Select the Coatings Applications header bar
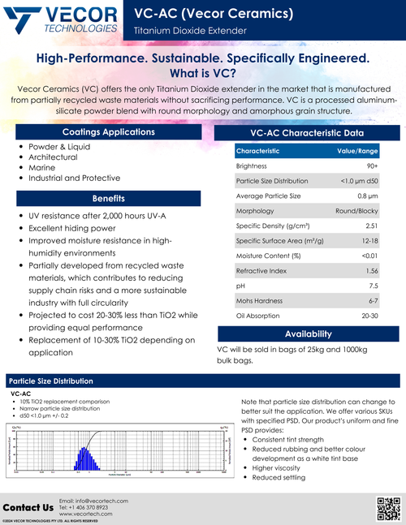(109, 131)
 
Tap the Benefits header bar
(109, 198)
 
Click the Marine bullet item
(41, 166)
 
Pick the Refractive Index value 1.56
(372, 269)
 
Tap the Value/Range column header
(357, 151)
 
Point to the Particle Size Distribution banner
(50, 381)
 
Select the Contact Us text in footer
(28, 507)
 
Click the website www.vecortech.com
(89, 514)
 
